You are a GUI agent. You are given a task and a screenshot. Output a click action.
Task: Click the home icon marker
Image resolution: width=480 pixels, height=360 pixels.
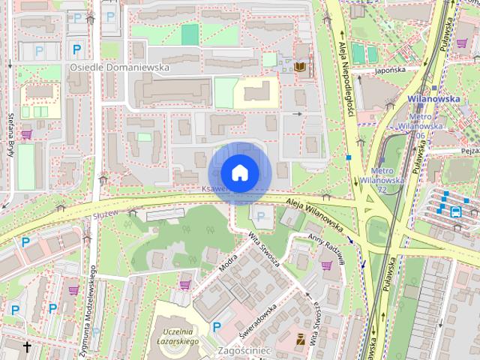pos(239,172)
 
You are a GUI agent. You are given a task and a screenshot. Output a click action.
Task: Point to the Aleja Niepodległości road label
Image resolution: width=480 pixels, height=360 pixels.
pos(347,82)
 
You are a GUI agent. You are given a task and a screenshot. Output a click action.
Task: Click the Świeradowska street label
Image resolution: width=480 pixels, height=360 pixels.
pos(259,319)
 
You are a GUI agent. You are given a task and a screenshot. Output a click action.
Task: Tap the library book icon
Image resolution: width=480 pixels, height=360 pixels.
pos(300,67)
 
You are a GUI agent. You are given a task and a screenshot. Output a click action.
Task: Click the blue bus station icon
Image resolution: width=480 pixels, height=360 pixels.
pos(455,211)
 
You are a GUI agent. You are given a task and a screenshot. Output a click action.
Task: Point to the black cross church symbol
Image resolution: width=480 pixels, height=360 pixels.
pos(28,346)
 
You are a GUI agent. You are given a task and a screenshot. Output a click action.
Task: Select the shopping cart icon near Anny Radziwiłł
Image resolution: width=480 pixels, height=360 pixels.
pos(326,265)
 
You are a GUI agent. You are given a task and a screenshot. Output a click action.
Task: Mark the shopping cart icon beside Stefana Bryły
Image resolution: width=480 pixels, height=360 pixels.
pos(27,134)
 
